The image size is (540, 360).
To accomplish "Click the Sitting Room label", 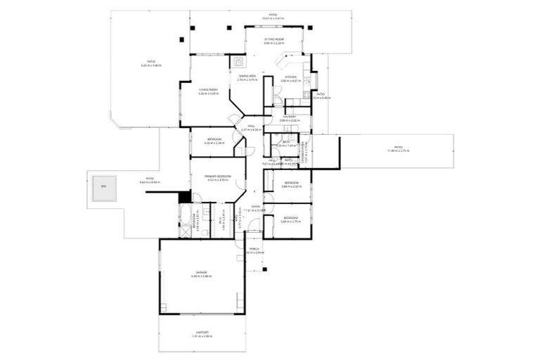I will click(274, 40).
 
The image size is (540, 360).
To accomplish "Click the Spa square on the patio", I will click(103, 187).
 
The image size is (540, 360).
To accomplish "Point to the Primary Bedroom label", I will click(218, 177).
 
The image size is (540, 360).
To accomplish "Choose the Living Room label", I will click(208, 91).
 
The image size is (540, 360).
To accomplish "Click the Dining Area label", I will click(247, 77).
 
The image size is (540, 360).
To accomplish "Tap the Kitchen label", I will click(290, 79).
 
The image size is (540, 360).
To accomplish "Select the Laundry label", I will click(290, 119).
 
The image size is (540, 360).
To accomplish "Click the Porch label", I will click(255, 250).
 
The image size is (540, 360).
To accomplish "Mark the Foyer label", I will click(256, 208).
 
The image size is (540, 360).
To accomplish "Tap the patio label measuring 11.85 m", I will click(397, 149).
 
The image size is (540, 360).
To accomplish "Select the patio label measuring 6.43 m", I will click(150, 63).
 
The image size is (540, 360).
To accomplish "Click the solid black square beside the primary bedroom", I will click(185, 198).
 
